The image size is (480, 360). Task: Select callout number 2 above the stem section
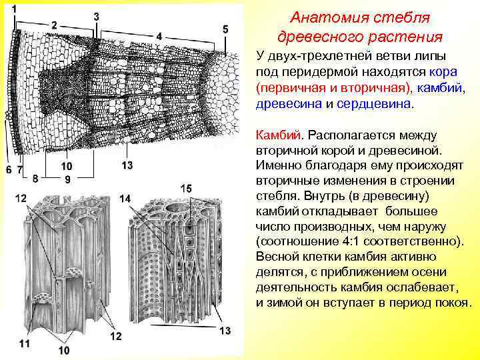coord(53,24)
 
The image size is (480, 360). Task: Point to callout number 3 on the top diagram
coord(97,15)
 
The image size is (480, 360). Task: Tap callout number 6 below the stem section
coord(9,170)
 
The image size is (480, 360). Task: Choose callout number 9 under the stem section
coord(67,179)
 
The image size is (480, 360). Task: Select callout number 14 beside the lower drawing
coord(125,199)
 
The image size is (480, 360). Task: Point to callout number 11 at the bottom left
coord(25,344)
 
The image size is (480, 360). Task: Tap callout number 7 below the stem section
coord(20,170)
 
